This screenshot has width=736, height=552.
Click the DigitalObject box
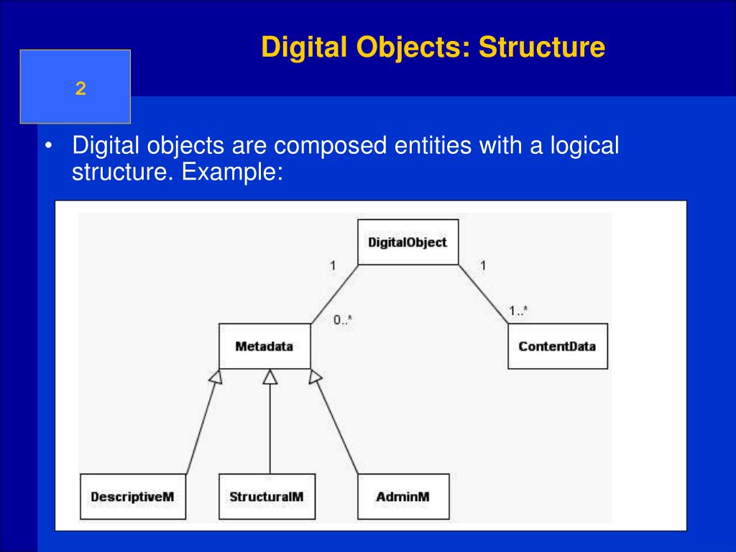[x=408, y=242]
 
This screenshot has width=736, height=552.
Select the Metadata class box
[x=264, y=346]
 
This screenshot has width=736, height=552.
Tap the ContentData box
[x=557, y=346]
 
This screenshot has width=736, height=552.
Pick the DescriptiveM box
[x=132, y=497]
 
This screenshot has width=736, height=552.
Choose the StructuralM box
[x=267, y=497]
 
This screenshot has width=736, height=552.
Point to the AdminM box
[x=402, y=497]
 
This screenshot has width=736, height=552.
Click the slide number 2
[x=80, y=88]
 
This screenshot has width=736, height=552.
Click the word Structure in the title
[x=543, y=47]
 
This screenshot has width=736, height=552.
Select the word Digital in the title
[x=303, y=47]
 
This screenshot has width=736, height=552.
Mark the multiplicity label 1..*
[x=518, y=310]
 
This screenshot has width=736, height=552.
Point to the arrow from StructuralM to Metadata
[x=270, y=424]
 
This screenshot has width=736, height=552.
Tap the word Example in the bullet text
[x=230, y=172]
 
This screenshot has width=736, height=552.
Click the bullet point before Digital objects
[x=48, y=147]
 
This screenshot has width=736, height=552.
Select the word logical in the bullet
[x=584, y=147]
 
